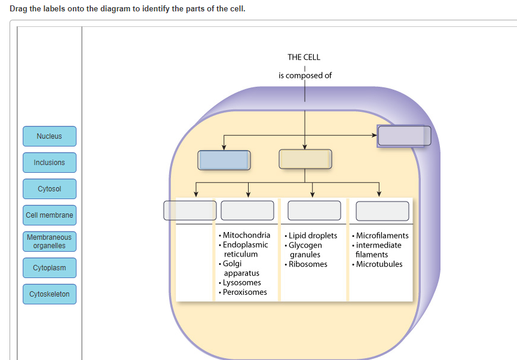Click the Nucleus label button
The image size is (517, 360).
click(50, 136)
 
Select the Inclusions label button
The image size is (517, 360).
click(50, 163)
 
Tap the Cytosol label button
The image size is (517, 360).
click(50, 189)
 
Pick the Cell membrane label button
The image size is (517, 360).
click(50, 215)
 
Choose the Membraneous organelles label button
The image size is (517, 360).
click(50, 242)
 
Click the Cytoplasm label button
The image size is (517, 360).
click(50, 268)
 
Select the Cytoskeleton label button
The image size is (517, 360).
click(50, 294)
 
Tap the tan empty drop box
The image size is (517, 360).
click(305, 160)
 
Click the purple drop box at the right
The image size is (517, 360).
click(404, 136)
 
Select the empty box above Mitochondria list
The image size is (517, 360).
click(247, 210)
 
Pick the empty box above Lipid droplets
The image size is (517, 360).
click(314, 210)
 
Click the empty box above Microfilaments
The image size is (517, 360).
click(383, 211)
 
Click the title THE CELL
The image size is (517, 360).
click(304, 57)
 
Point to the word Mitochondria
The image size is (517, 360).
click(246, 236)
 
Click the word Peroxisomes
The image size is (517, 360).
click(245, 292)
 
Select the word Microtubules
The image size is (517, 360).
click(379, 264)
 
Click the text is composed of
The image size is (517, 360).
click(305, 75)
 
